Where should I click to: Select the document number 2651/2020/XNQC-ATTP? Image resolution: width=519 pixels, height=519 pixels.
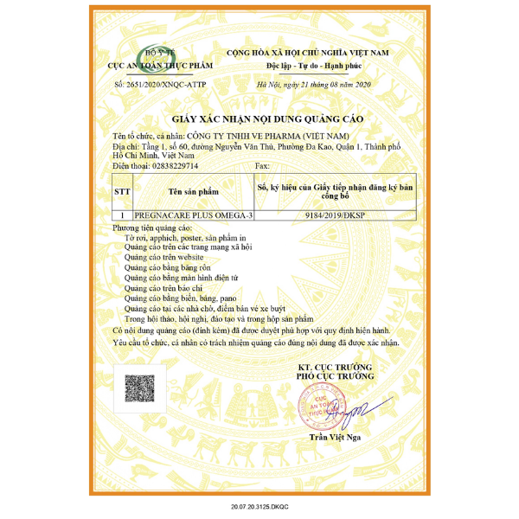(160, 84)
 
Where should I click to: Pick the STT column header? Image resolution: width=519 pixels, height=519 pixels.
(122, 189)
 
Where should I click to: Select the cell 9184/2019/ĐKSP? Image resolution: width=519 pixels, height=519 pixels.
(335, 215)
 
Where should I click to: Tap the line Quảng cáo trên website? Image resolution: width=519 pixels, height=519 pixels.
(164, 258)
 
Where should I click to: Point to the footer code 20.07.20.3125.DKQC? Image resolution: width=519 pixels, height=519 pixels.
(259, 503)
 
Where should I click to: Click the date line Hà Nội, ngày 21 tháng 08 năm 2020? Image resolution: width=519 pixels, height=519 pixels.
(313, 84)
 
